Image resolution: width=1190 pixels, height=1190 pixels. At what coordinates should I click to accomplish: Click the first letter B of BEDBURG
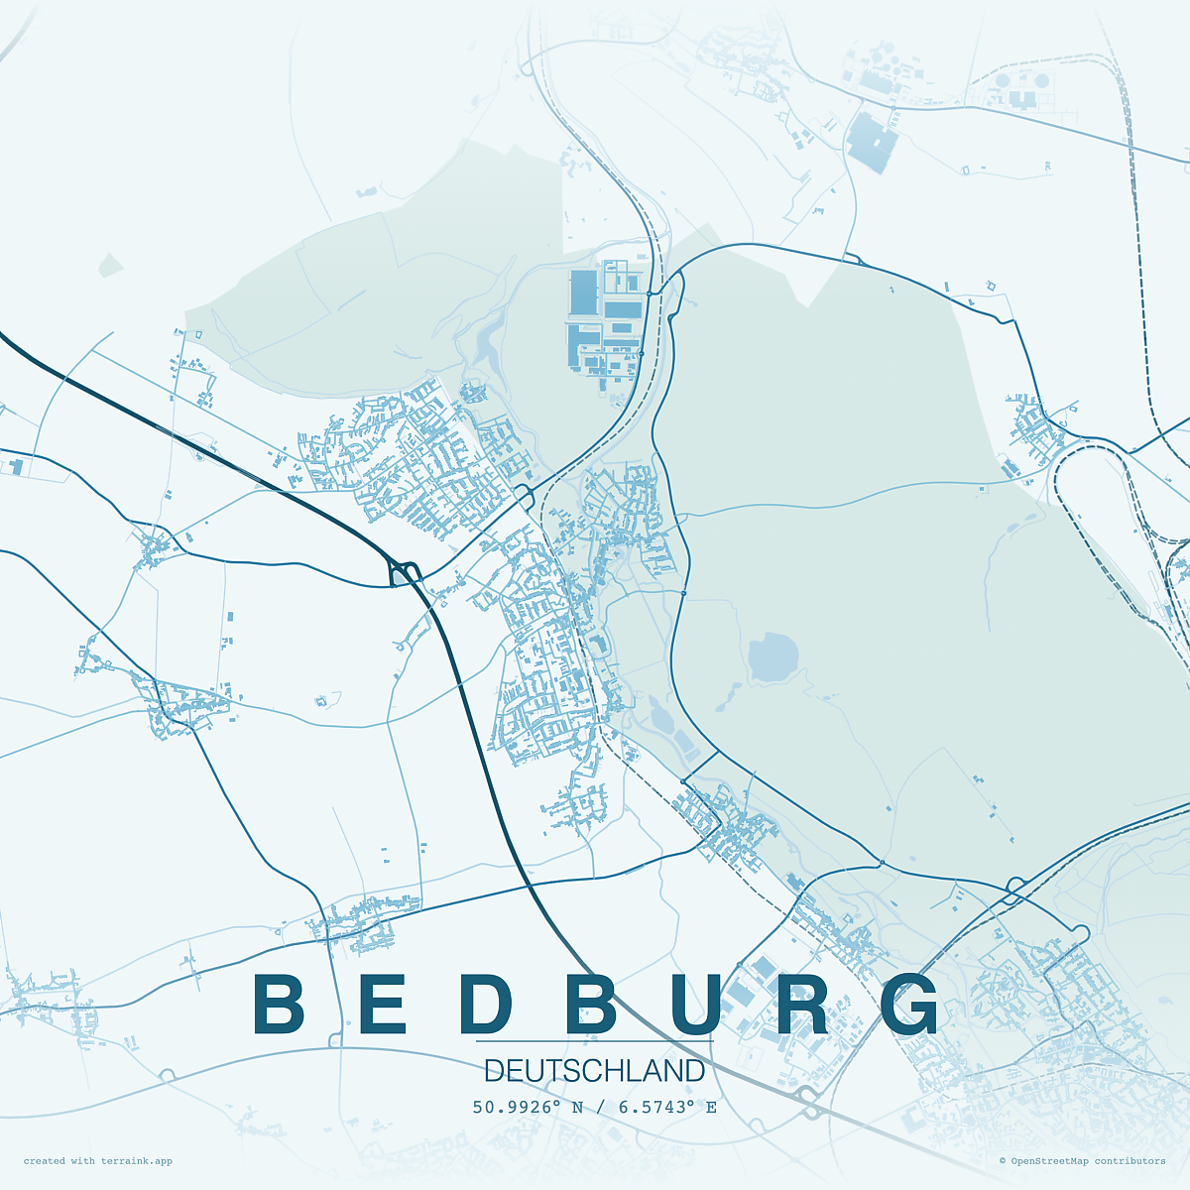coord(280,1004)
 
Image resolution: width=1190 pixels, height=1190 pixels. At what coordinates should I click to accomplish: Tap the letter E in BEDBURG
coord(382,1004)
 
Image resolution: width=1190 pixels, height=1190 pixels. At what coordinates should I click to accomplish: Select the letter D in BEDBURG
coord(487,1004)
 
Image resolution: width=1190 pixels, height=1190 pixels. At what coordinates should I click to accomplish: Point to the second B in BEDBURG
coord(592,1004)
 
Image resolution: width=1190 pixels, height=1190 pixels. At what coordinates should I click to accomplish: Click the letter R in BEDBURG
coord(802,1004)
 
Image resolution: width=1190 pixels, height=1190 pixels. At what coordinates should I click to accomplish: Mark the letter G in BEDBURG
coord(909,1004)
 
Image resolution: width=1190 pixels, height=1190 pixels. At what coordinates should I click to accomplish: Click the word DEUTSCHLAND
coord(594,1071)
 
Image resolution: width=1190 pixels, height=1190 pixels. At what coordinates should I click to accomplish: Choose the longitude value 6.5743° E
coord(667,1107)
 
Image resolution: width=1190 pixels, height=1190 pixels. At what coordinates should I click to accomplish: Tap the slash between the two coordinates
coord(600,1107)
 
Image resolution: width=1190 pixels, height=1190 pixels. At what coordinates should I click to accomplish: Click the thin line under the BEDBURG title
coord(594,1042)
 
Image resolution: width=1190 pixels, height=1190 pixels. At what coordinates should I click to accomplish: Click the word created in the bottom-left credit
coord(45,1161)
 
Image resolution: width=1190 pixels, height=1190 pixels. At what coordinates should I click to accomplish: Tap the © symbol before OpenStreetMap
coord(1003,1161)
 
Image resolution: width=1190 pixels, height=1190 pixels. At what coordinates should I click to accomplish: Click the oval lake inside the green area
coord(773,657)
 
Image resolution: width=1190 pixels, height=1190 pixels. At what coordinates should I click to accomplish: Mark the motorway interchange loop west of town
coord(404,572)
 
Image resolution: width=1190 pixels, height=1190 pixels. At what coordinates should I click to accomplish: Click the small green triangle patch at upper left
coord(110,265)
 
